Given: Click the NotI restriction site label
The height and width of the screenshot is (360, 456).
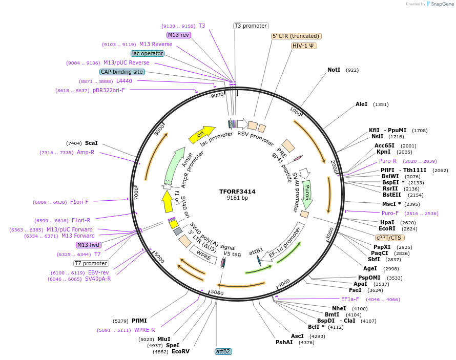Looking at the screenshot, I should (x=334, y=70).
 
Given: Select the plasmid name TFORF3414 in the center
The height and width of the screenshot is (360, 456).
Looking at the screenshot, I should (x=237, y=192).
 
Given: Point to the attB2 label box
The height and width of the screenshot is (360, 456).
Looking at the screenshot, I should (x=223, y=351).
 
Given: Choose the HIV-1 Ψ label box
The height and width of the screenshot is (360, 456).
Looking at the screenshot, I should (x=304, y=46).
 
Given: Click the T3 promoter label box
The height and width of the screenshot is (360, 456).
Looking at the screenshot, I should (x=251, y=26).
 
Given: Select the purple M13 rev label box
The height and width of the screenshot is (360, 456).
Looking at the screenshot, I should (x=179, y=35).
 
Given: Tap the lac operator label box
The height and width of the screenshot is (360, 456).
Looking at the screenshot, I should (x=148, y=53).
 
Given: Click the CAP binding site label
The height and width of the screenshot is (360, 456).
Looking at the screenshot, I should (x=122, y=72).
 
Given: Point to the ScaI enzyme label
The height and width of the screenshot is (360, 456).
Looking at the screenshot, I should (x=91, y=143).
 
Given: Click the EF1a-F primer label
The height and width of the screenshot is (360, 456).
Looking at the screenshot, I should (x=350, y=299).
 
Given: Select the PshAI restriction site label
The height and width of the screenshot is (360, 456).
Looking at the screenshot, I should (x=284, y=342).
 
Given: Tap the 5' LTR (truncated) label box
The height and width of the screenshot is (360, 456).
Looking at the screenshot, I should (x=296, y=36).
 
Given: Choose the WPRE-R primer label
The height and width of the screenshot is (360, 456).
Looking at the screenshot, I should (x=144, y=330).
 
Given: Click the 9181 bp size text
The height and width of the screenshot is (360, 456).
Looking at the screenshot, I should (x=237, y=198).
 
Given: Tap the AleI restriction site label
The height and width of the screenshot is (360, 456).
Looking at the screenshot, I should (x=361, y=104).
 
